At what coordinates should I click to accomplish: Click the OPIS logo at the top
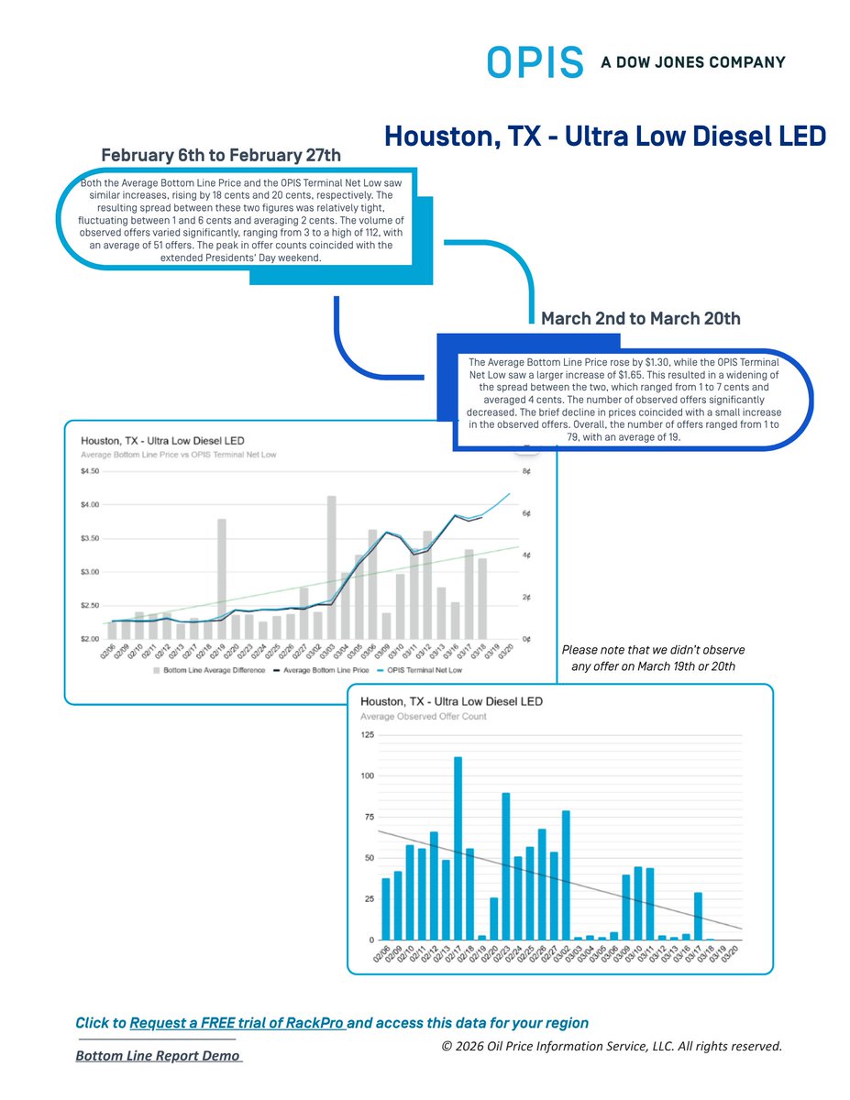[x=535, y=62]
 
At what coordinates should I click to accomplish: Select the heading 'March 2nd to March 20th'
[x=641, y=319]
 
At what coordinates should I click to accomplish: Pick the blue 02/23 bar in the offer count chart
[x=506, y=866]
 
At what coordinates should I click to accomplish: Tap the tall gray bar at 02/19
[x=222, y=578]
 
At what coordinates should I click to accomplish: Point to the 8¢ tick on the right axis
[x=527, y=472]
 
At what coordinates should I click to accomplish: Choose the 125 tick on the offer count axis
[x=367, y=735]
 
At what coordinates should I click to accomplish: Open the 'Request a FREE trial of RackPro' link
[x=237, y=1022]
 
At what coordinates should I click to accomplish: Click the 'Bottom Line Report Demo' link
[x=158, y=1056]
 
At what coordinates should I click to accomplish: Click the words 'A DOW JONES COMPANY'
[x=693, y=62]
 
